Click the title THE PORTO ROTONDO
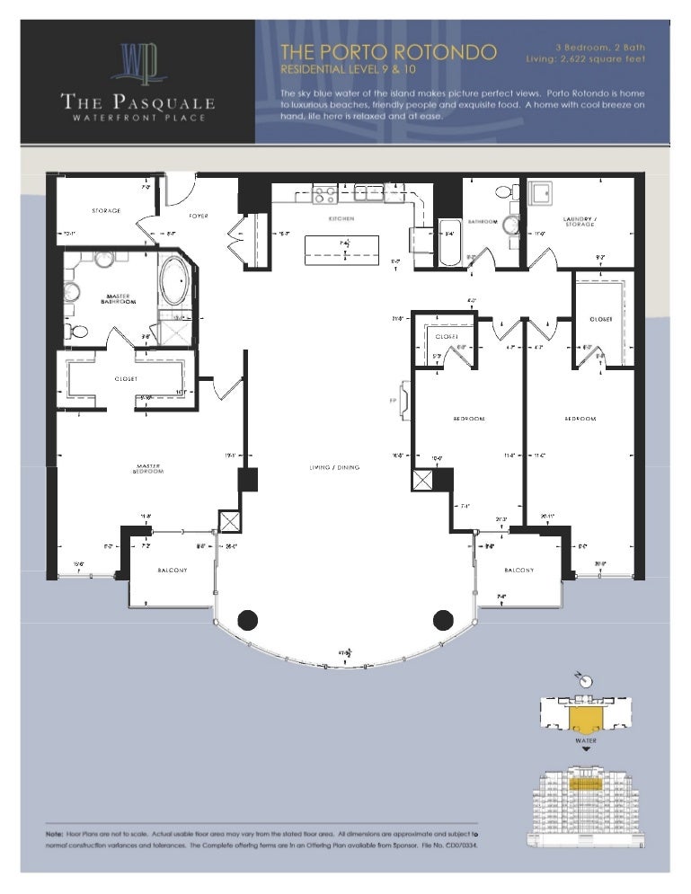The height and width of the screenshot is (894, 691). (x=388, y=51)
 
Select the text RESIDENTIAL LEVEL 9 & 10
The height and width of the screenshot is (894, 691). (x=353, y=69)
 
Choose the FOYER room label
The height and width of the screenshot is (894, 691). (x=199, y=216)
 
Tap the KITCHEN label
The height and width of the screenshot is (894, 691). (x=341, y=218)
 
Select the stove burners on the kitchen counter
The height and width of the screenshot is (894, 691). (x=324, y=193)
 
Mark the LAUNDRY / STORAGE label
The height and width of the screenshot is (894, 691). (x=579, y=222)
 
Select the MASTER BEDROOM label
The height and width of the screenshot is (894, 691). (x=148, y=468)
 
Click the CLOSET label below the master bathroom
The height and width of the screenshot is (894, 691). (x=126, y=378)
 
